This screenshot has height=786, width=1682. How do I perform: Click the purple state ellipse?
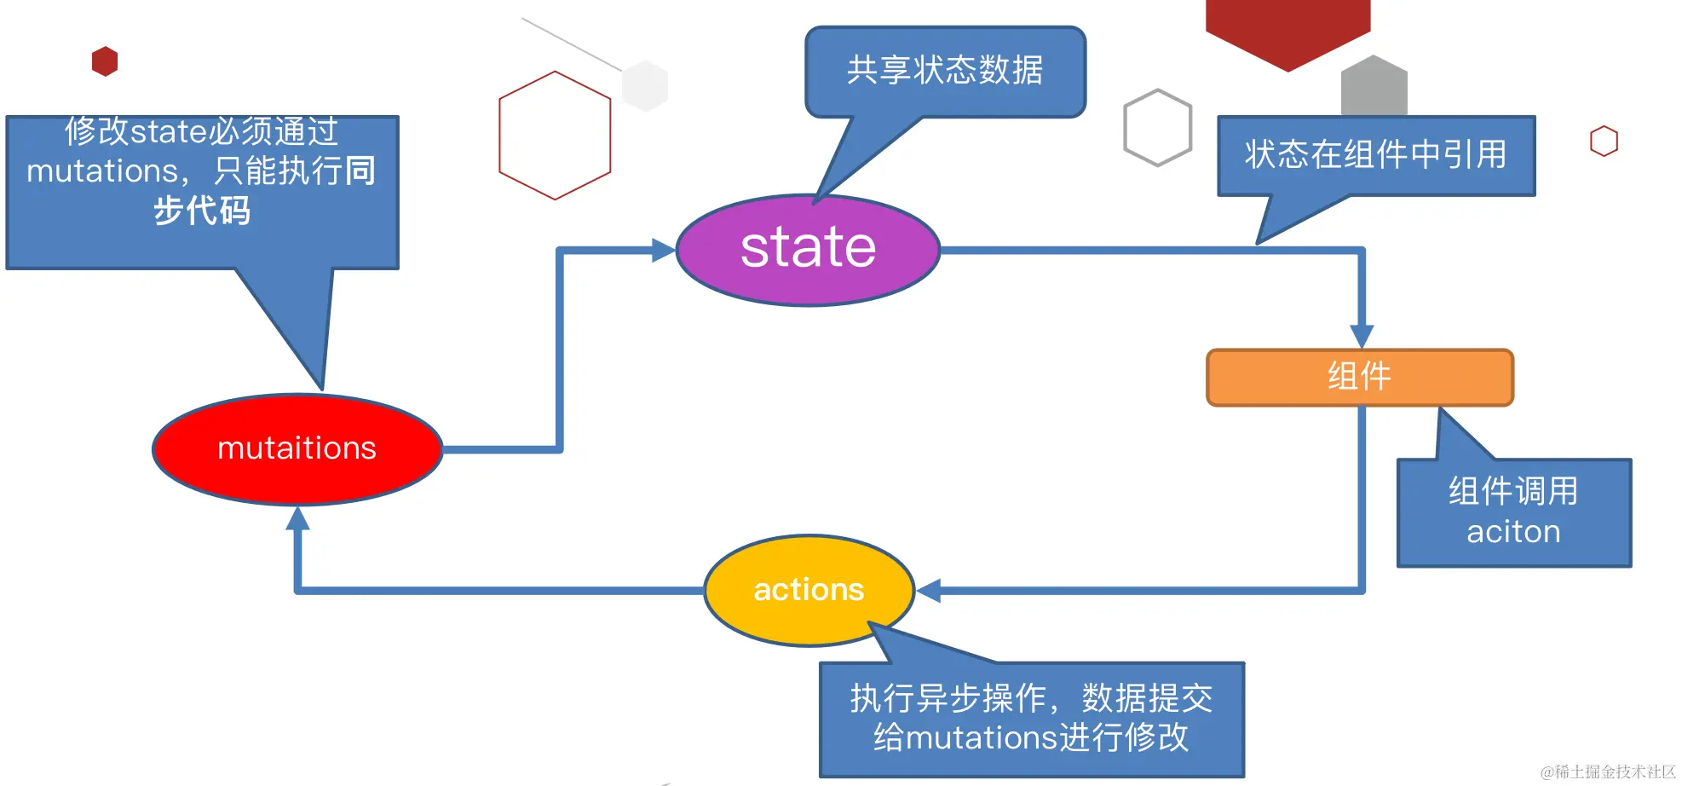(808, 249)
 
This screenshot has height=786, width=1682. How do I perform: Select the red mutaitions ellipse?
(297, 448)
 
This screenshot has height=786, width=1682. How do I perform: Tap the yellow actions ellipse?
(809, 590)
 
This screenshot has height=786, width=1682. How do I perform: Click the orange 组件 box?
(1360, 376)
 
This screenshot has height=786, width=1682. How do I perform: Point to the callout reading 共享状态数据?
(945, 71)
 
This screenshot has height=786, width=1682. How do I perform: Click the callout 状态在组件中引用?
(1375, 155)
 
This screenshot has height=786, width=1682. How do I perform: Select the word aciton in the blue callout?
(1513, 532)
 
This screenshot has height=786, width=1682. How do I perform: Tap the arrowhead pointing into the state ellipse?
(664, 250)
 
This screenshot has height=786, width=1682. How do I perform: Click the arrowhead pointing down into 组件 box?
(1362, 336)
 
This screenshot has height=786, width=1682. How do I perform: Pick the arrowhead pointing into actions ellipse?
(929, 590)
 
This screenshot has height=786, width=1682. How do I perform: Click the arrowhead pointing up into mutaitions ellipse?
(297, 517)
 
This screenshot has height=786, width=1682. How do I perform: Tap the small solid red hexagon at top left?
(105, 61)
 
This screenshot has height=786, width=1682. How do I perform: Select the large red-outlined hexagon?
(555, 136)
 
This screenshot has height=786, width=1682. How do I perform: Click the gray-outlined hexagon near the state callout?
(1157, 128)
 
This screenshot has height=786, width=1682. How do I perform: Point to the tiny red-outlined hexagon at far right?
(1604, 141)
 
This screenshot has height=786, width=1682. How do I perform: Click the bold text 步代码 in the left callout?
(202, 211)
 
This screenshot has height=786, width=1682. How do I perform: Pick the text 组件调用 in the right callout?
(1513, 492)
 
